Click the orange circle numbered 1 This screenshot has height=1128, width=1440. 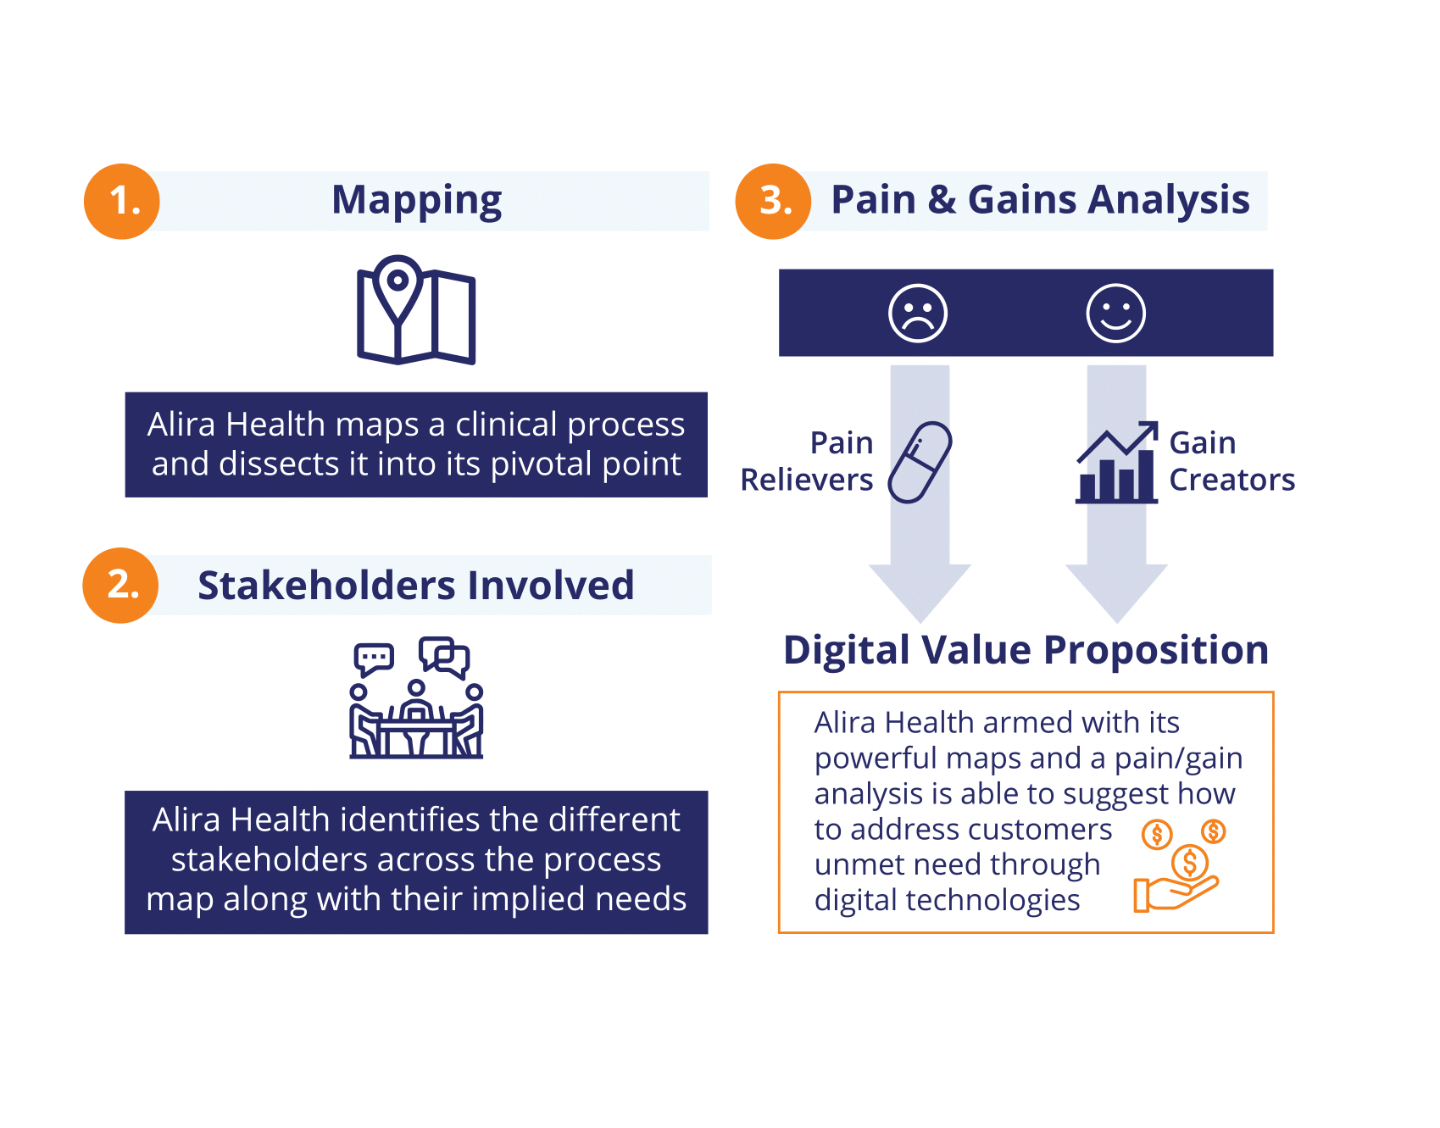[x=122, y=201]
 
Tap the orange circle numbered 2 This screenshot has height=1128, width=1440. [x=120, y=585]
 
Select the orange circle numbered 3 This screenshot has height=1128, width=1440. [x=773, y=201]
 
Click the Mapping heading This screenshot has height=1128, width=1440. [x=416, y=201]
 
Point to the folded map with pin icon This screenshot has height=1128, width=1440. [x=416, y=310]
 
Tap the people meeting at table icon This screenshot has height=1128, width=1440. [x=416, y=697]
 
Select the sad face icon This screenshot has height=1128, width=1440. [x=918, y=313]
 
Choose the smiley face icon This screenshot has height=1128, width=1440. [x=1116, y=313]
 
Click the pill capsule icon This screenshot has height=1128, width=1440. [x=920, y=462]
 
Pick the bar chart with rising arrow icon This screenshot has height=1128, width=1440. [x=1117, y=462]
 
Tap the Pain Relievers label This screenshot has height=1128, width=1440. [x=807, y=461]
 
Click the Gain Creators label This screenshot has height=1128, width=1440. [x=1232, y=461]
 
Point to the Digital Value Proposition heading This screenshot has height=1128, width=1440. [x=1026, y=650]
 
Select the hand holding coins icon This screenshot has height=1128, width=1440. [x=1179, y=865]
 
